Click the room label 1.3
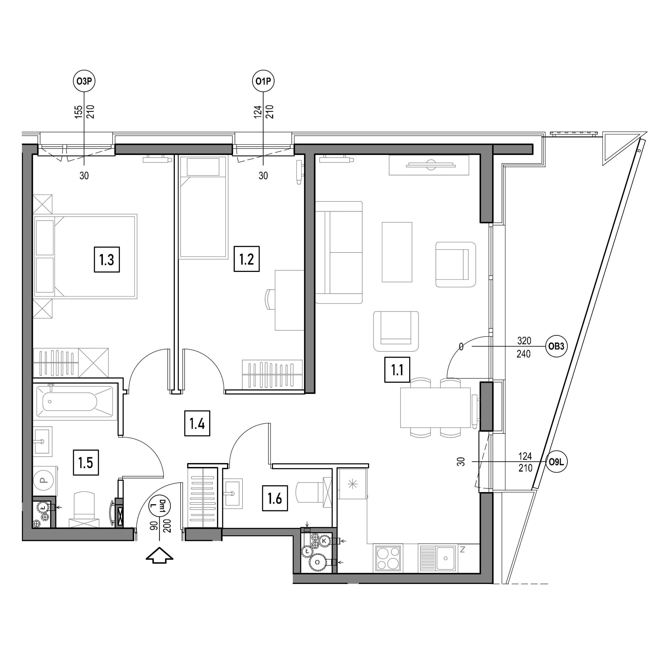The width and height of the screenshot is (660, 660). click(x=107, y=260)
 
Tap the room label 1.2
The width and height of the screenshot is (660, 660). click(x=247, y=259)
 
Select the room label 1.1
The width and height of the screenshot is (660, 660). click(x=397, y=370)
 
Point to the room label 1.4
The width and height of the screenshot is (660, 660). click(x=197, y=424)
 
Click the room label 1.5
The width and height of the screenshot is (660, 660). click(x=86, y=463)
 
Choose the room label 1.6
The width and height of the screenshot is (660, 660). click(x=275, y=498)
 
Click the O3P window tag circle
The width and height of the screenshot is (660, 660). click(x=84, y=81)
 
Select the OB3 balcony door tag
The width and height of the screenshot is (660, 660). click(x=556, y=346)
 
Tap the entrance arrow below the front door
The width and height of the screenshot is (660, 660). click(x=159, y=555)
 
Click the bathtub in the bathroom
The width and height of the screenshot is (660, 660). click(x=74, y=401)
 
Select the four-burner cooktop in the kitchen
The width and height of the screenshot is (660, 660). click(x=388, y=558)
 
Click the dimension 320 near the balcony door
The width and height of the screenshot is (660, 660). click(x=524, y=341)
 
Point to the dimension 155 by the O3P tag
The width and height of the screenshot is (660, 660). click(x=79, y=112)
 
